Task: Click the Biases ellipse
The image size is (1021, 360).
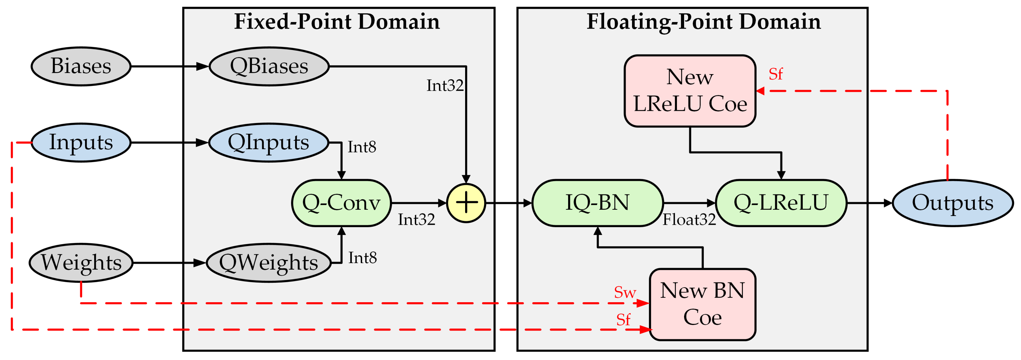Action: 81,66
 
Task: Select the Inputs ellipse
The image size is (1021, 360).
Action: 81,142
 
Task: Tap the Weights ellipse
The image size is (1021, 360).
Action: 81,262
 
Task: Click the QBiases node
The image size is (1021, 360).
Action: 269,66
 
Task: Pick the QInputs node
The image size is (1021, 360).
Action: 268,142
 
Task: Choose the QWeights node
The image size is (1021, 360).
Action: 268,262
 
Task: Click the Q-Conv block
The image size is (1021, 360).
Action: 341,203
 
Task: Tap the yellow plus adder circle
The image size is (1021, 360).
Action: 466,203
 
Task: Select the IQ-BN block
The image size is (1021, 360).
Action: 597,203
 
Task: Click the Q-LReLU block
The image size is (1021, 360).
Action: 781,203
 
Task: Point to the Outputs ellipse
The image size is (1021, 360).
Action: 952,203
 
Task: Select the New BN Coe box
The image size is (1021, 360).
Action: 702,304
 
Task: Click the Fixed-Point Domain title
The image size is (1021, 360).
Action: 337,21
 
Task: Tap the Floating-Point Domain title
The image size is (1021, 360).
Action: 703,21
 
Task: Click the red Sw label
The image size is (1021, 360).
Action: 625,293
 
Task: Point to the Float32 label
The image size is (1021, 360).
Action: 689,220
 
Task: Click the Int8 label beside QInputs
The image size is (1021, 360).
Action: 361,147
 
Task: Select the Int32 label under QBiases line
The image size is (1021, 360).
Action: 445,86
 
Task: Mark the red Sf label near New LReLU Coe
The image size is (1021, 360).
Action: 776,74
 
